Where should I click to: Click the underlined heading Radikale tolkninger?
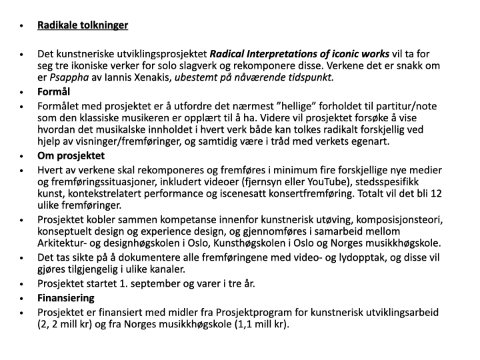[x=83, y=25]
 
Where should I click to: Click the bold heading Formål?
[x=54, y=91]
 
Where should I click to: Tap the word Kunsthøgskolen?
[x=261, y=243]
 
